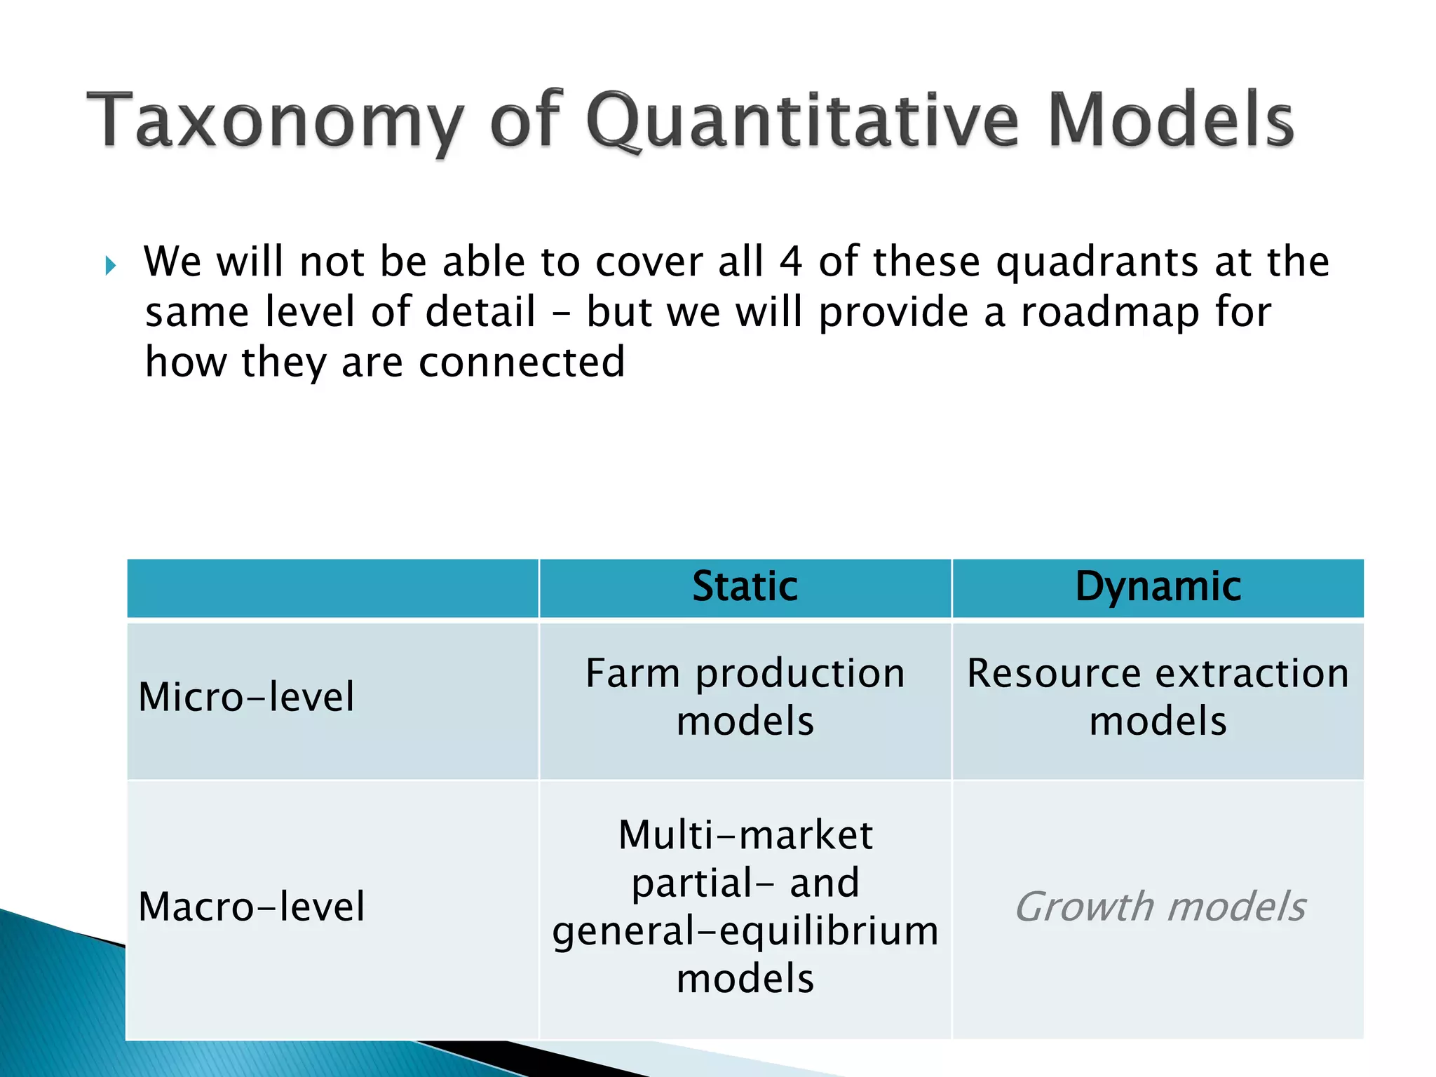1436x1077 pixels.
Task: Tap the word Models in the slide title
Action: (1171, 121)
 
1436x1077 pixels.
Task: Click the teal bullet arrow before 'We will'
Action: (110, 266)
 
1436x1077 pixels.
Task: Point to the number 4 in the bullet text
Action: (791, 262)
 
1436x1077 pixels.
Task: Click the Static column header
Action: (745, 587)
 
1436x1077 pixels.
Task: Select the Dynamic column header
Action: (1158, 587)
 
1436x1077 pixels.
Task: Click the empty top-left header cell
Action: (332, 588)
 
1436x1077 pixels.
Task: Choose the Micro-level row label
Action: (246, 697)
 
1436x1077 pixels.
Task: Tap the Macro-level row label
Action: (252, 907)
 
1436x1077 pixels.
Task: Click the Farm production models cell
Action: (745, 697)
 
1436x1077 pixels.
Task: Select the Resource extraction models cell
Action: (1158, 697)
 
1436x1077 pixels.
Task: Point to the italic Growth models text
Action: (1160, 907)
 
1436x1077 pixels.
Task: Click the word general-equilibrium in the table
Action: (745, 930)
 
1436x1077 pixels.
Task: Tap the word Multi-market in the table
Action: (745, 835)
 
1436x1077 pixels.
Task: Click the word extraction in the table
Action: (1252, 674)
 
